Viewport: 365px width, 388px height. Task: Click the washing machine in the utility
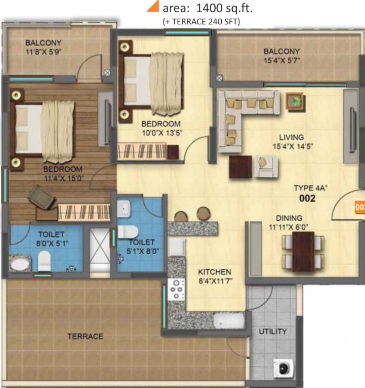click(x=281, y=365)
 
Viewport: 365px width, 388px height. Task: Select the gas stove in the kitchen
click(x=177, y=290)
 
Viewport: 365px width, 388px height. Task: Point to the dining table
click(x=303, y=251)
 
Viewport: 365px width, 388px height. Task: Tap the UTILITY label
click(x=273, y=331)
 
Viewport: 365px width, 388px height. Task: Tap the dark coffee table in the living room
click(x=240, y=167)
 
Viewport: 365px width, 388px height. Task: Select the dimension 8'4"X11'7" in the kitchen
click(x=214, y=281)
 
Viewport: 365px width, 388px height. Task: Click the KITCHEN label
click(x=215, y=272)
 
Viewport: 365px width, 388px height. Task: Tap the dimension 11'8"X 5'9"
click(x=44, y=52)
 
